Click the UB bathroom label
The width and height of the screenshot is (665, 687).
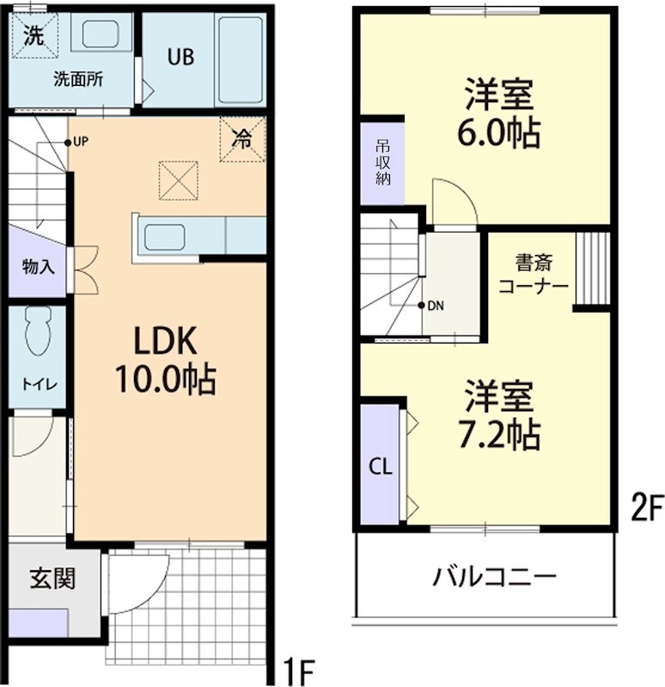tap(180, 57)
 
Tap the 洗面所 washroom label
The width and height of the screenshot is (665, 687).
tap(78, 80)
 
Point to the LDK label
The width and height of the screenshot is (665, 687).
tap(165, 342)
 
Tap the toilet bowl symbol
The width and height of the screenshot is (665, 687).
tap(36, 331)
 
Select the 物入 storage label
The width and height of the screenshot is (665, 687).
tap(38, 266)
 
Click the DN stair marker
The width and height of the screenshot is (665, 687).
tap(435, 306)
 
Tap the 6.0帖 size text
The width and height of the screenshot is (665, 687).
tap(502, 133)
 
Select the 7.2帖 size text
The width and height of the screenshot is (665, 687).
tap(502, 435)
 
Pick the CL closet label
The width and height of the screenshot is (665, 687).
tap(381, 467)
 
